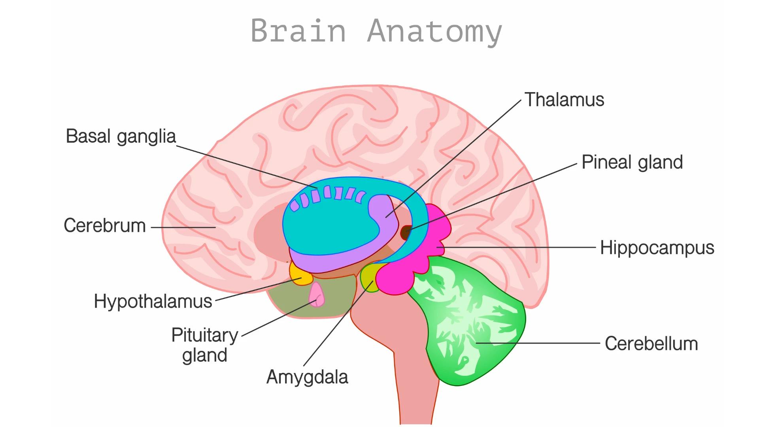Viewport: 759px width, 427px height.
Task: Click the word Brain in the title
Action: click(x=298, y=30)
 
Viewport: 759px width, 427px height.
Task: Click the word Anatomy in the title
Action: click(x=435, y=32)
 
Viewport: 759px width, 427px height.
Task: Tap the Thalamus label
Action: click(x=564, y=100)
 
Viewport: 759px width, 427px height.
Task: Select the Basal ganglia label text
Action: click(x=121, y=137)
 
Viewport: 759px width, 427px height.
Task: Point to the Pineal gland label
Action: click(x=632, y=162)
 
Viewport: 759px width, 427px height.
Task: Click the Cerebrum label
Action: click(x=105, y=225)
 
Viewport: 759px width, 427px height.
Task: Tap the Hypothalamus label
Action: click(x=153, y=302)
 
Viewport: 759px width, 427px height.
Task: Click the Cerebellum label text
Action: click(x=651, y=343)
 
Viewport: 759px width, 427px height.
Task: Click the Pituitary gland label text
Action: click(x=205, y=345)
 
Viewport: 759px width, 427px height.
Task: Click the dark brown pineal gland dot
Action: click(x=406, y=232)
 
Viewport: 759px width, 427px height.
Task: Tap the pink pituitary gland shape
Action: click(x=316, y=295)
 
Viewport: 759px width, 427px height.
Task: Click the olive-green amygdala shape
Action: click(x=368, y=278)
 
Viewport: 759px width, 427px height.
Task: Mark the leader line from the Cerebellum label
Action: click(x=538, y=343)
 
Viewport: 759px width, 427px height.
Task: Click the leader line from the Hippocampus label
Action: click(x=516, y=248)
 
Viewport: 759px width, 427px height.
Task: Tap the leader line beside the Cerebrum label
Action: click(x=183, y=227)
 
